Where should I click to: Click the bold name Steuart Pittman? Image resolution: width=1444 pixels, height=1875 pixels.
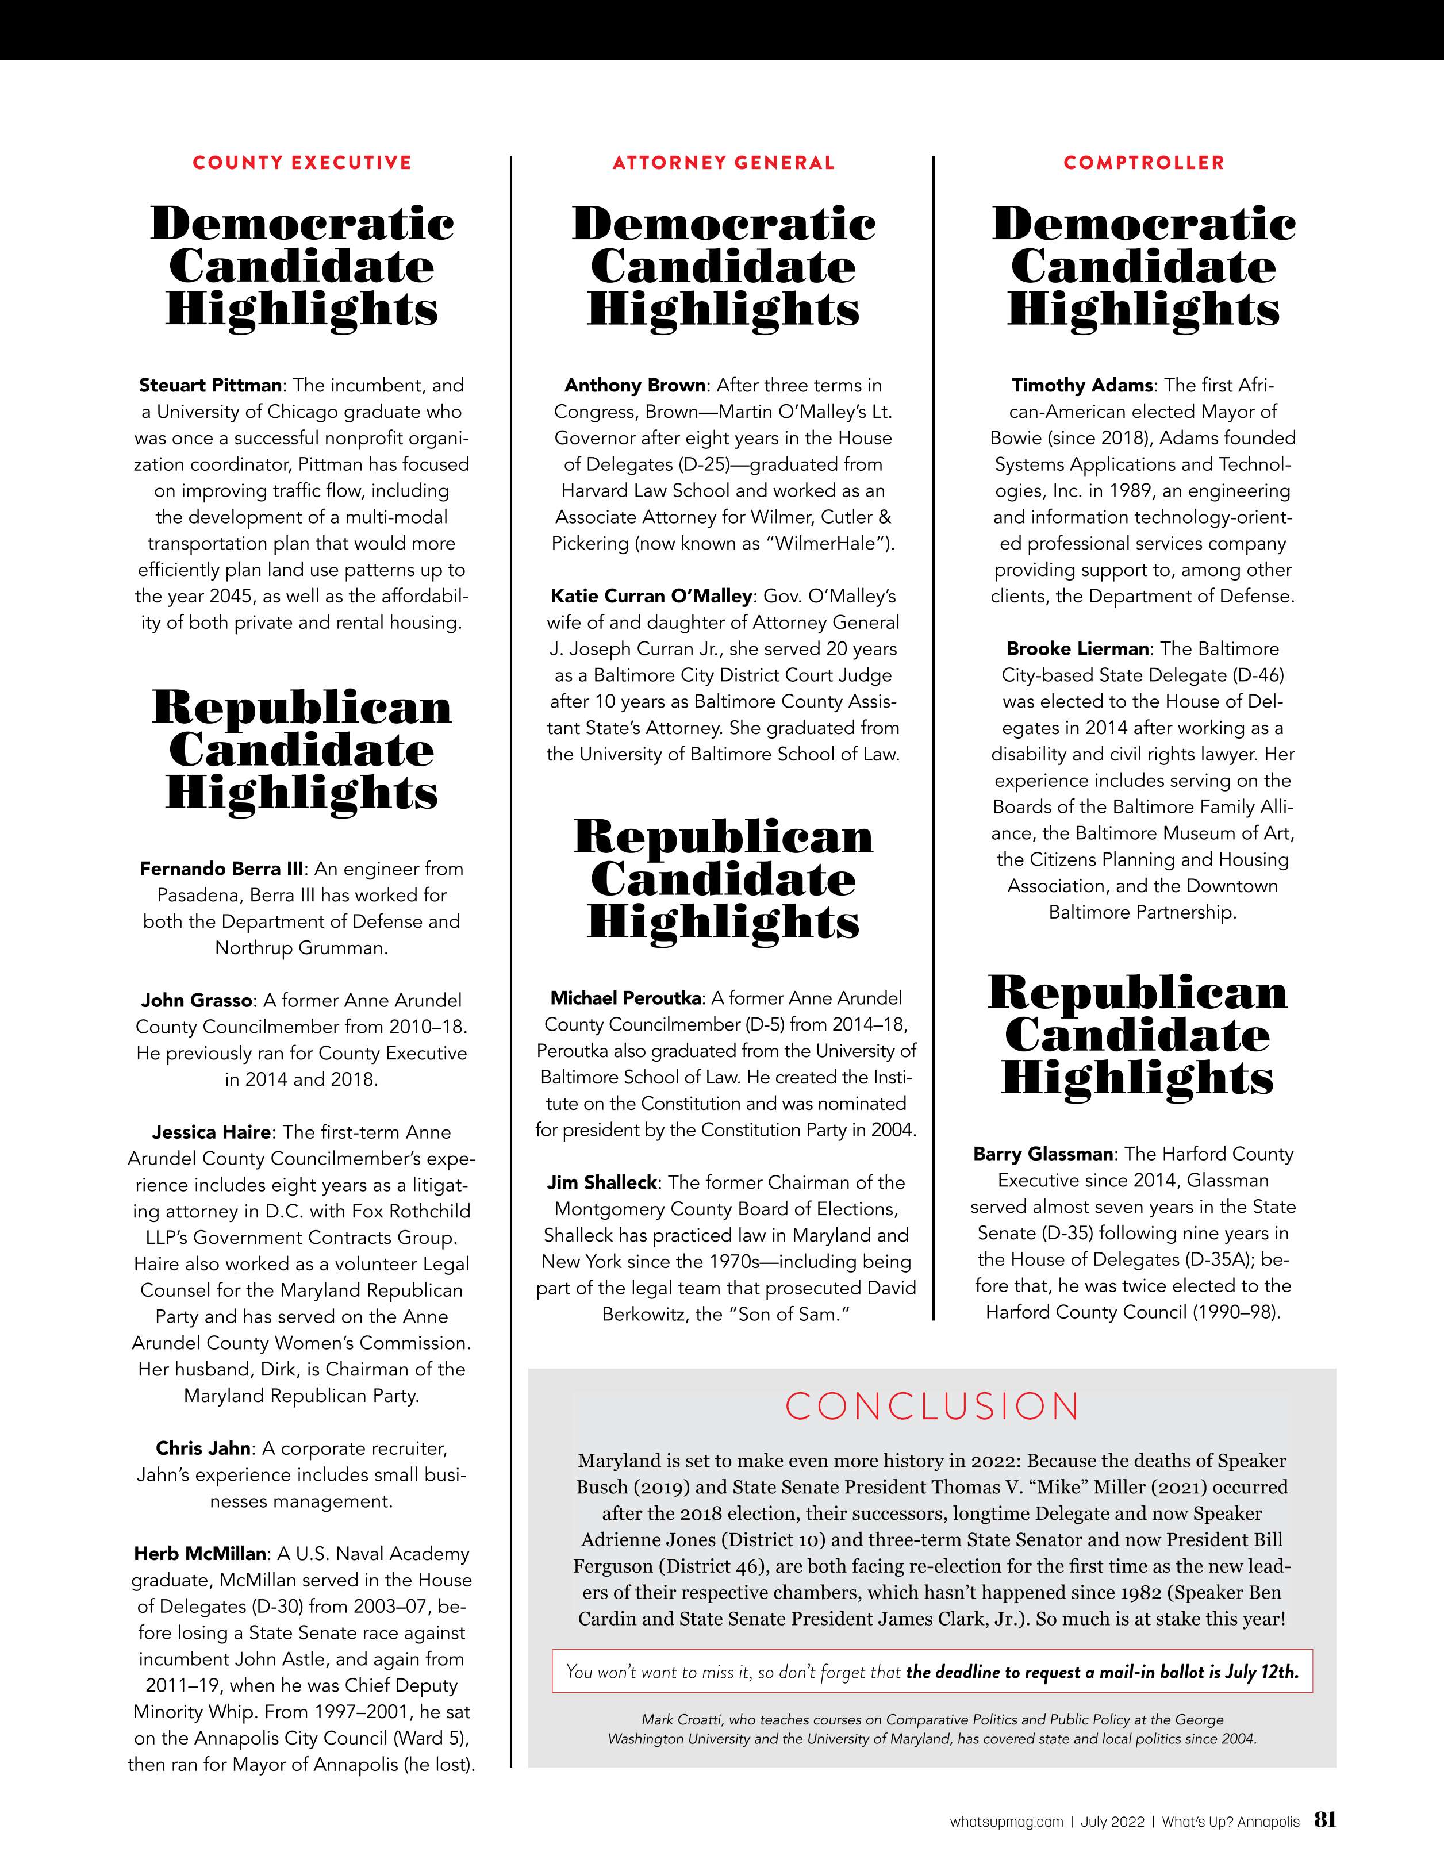point(210,386)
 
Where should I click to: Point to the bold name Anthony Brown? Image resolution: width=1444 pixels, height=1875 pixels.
point(635,386)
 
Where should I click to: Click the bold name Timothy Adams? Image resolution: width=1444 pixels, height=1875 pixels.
point(1082,386)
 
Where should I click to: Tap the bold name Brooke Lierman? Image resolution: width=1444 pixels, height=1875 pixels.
point(1077,649)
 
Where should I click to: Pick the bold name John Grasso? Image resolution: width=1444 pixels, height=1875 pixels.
point(197,1000)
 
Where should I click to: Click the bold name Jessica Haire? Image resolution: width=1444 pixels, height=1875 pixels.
point(211,1132)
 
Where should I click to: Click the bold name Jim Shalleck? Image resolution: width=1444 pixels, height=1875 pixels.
point(602,1183)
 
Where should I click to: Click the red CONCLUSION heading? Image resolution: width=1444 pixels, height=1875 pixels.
point(932,1406)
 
